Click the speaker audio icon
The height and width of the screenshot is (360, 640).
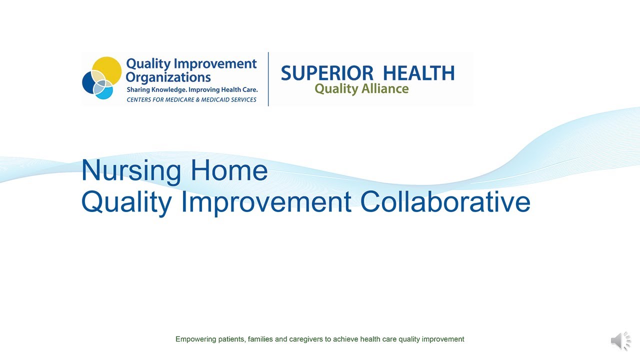click(x=621, y=340)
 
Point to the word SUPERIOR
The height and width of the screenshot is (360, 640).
click(x=327, y=73)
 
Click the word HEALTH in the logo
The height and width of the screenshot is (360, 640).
click(x=419, y=73)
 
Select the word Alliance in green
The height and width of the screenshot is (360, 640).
click(x=385, y=88)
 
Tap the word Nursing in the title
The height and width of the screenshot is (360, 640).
click(x=131, y=170)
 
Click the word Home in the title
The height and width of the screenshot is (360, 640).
click(x=229, y=170)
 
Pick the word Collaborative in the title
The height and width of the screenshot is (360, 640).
click(x=445, y=201)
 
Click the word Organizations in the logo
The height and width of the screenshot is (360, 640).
click(x=168, y=77)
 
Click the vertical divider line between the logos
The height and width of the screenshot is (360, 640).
click(x=268, y=79)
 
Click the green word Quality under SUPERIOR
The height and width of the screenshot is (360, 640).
click(x=336, y=89)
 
